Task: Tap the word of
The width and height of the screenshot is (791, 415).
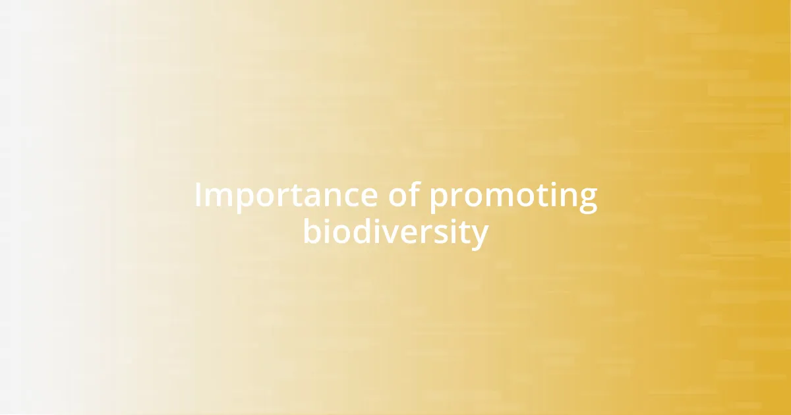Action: tap(403, 196)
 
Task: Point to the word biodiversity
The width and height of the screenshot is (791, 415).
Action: tap(395, 233)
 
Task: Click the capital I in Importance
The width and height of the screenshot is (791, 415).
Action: tap(198, 196)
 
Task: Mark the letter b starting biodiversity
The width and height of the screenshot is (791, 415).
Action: tap(312, 232)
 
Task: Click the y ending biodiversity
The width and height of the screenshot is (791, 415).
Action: tap(481, 236)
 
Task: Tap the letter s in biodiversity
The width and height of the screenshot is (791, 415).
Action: tap(440, 234)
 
